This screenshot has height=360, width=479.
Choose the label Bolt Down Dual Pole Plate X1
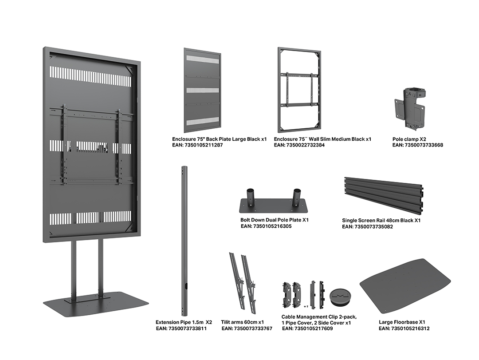coord(275,220)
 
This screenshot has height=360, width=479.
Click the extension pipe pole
coord(184,240)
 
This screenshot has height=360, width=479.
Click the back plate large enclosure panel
coord(202,90)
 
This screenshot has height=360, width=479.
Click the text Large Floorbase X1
coord(402,322)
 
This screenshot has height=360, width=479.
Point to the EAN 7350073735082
coord(367,227)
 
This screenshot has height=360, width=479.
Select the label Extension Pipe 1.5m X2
coord(184,322)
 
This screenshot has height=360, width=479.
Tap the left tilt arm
coord(236,281)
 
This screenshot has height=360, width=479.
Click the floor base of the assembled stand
coord(95,305)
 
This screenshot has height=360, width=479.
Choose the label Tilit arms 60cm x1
coord(243,322)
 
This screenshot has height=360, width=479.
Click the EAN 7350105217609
coord(307,329)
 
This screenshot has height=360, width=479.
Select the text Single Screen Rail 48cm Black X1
coord(381,220)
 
